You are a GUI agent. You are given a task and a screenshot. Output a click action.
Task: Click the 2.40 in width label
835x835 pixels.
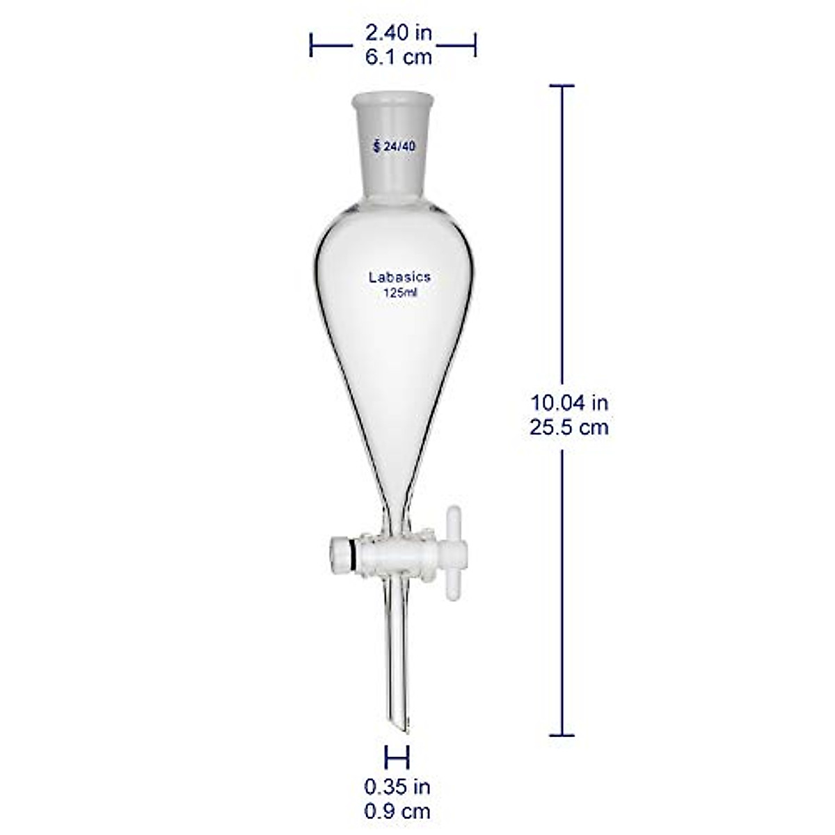click(399, 32)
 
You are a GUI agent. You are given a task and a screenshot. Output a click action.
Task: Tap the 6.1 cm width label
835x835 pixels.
click(399, 56)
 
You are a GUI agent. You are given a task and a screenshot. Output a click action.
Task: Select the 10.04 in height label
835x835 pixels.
click(569, 401)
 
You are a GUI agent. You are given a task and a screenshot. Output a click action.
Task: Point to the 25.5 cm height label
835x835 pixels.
click(569, 426)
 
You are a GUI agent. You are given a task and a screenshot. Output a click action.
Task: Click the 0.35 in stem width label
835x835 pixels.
click(397, 787)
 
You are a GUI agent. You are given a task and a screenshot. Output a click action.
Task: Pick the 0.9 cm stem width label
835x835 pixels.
click(397, 811)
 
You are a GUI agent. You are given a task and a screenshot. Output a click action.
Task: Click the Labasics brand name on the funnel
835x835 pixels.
click(399, 277)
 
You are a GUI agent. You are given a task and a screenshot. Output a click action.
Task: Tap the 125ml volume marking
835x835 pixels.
click(400, 292)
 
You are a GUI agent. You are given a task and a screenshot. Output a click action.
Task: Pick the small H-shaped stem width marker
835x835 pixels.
click(397, 756)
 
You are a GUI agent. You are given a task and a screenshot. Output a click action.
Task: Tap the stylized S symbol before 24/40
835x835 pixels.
click(376, 146)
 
